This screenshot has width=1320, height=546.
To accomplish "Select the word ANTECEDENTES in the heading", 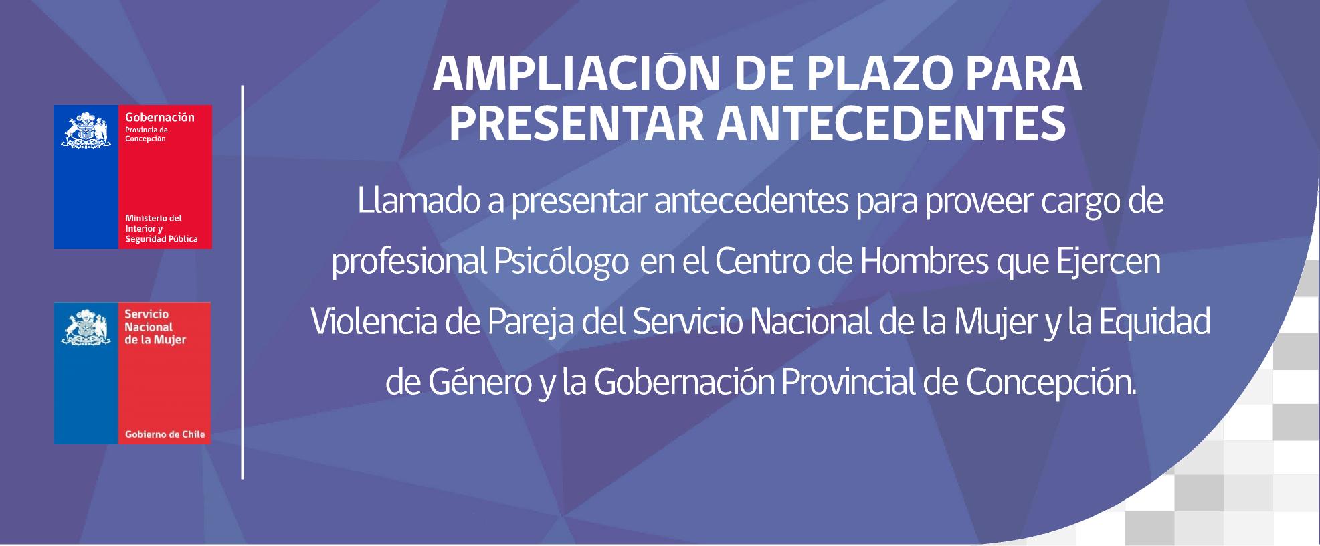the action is click(891, 124).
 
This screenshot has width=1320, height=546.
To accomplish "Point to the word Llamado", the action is click(419, 201).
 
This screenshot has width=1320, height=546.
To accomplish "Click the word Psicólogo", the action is click(561, 263).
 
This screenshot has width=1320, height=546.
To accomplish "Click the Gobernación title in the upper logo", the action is click(159, 117).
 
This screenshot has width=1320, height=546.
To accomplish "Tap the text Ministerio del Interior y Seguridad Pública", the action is click(161, 228).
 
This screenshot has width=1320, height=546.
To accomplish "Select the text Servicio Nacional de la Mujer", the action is click(155, 327).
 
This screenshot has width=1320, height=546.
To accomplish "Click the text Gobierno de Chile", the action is click(165, 434).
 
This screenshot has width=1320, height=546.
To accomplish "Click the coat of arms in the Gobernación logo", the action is click(86, 131).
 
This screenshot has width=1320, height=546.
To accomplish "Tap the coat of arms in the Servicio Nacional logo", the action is click(86, 327).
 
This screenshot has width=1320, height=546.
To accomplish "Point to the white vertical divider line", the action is click(242, 282).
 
